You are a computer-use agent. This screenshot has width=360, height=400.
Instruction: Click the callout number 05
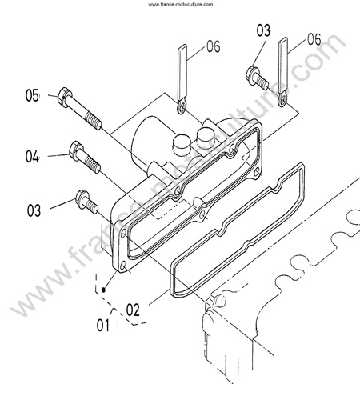coord(32,95)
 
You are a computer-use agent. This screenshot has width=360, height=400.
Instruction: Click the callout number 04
coord(32,156)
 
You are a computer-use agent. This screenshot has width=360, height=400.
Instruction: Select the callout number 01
coord(103,326)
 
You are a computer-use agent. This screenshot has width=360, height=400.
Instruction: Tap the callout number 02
coord(133,310)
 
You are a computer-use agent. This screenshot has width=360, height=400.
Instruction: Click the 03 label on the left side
coord(34,210)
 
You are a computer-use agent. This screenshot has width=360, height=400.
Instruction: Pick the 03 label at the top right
coord(263,30)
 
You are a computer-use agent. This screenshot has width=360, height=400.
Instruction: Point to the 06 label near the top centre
coord(214,46)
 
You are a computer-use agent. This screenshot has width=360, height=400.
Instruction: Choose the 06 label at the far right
coord(314,39)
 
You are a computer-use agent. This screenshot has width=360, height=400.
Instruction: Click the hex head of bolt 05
coord(65,97)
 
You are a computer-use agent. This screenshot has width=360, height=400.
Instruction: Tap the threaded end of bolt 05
coord(94,121)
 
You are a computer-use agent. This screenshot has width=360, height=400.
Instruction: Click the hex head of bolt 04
coord(76,151)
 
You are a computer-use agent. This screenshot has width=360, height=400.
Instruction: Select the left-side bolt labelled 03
coord(86,202)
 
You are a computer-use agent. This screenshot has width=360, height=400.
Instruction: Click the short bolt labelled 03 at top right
coord(257,76)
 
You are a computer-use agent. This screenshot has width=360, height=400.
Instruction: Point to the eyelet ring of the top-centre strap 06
coord(181,106)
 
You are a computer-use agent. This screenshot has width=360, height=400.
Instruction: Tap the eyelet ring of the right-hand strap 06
coord(282,100)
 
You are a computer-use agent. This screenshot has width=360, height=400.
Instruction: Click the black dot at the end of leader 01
coord(104,290)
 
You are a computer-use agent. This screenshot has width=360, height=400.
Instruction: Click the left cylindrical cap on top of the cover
coord(181,145)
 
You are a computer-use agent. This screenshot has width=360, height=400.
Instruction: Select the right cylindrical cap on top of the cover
coord(206,138)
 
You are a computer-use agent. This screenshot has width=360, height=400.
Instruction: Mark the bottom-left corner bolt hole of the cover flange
coord(123,266)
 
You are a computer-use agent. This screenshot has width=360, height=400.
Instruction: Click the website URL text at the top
coord(181,4)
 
